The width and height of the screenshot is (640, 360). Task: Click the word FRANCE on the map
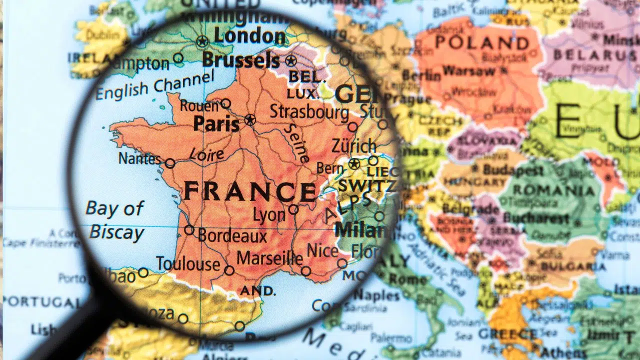click(249, 192)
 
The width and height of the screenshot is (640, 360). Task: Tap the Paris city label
click(216, 123)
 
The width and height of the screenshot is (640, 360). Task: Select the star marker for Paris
click(250, 120)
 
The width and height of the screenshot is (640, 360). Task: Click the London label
click(249, 36)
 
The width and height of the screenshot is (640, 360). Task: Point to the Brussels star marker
click(290, 61)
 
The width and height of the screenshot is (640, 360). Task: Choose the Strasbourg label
click(309, 111)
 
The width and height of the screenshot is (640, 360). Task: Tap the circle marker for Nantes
click(170, 163)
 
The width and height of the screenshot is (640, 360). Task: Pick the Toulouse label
click(188, 263)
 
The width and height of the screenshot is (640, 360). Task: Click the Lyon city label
click(269, 215)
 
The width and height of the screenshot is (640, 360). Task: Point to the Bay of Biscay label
click(115, 220)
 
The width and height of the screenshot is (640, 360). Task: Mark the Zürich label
click(353, 146)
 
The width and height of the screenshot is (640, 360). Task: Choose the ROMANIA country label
click(554, 190)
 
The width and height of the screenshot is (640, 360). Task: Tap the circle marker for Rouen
click(226, 103)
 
